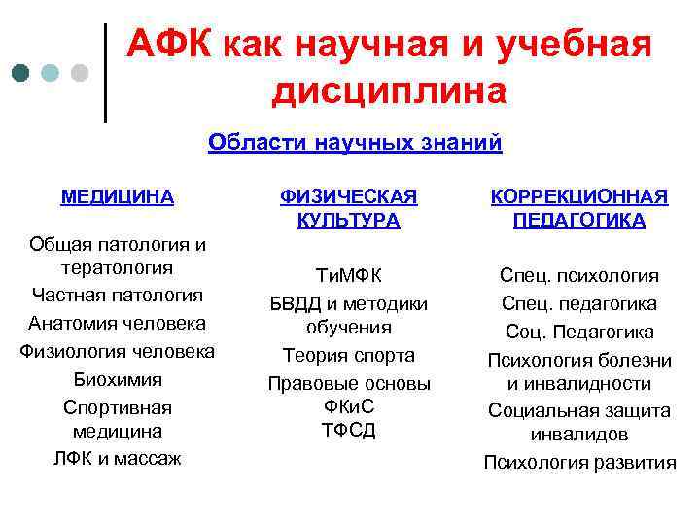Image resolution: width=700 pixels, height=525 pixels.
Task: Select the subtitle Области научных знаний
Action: coord(355,143)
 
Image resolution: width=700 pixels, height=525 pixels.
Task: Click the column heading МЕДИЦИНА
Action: coord(117,196)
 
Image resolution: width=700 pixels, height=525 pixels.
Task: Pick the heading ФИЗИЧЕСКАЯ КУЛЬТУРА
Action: coord(348,208)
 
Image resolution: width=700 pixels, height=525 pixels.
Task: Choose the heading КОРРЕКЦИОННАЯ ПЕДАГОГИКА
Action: coord(578,208)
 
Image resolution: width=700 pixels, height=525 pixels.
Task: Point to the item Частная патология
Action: coord(117,295)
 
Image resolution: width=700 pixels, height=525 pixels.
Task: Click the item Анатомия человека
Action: coord(117,323)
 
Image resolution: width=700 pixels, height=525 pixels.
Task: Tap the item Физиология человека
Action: coord(117,351)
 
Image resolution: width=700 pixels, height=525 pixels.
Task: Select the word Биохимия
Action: coord(117,379)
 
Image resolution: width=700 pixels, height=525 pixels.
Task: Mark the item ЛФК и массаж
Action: coord(117,458)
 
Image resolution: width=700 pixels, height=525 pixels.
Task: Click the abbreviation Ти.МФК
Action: coord(348,275)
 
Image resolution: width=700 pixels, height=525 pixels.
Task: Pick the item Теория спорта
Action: coord(348,355)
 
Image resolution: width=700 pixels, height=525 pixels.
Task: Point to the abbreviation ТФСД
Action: coord(348,430)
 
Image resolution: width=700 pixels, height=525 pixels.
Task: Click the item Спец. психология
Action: coord(578,275)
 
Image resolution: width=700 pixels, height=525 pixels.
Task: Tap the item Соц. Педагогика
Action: coord(578,332)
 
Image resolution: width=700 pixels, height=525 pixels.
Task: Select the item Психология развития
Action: coord(579,462)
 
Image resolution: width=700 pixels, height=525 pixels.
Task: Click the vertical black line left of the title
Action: coord(105,73)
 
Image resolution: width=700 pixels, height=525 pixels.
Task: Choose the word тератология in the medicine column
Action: coord(117,267)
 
